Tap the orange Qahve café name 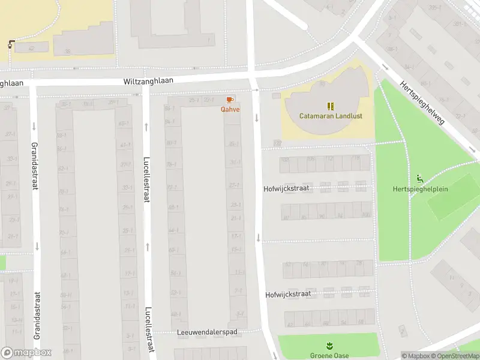[x=230, y=109]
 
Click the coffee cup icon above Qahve [x=230, y=100]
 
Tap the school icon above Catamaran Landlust [x=330, y=106]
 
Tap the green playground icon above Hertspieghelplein [x=419, y=178]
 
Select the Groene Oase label [x=329, y=355]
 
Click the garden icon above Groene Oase [x=329, y=346]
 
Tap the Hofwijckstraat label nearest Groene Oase [x=288, y=295]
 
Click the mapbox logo [x=26, y=353]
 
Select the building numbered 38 [x=68, y=50]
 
